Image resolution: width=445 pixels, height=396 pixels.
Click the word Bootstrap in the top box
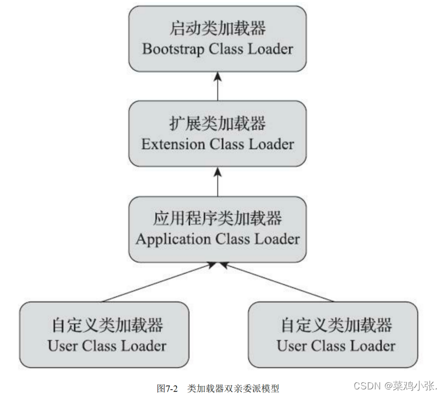click(x=172, y=49)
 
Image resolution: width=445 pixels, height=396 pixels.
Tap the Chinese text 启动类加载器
click(x=218, y=27)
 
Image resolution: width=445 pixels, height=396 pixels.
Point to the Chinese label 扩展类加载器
click(x=218, y=123)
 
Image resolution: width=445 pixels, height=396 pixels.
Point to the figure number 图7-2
click(x=167, y=388)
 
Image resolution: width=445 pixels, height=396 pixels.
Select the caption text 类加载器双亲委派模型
click(x=233, y=388)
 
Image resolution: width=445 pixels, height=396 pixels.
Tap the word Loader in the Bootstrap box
click(x=269, y=49)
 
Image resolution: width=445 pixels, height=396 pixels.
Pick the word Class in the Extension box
click(x=226, y=144)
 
